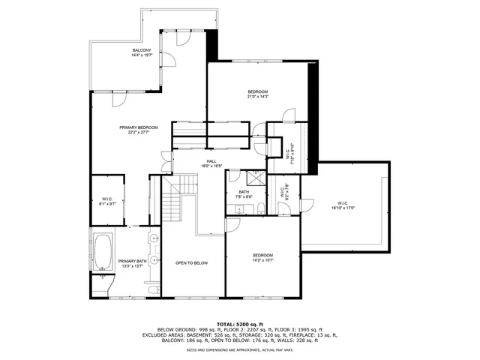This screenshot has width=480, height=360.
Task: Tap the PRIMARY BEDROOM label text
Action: point(138,127)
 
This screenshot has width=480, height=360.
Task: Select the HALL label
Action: point(212,160)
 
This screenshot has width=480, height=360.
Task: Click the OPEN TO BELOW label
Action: point(191,263)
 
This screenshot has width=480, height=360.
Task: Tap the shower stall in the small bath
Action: point(255,179)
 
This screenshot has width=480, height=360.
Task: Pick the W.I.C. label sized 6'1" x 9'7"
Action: point(107,199)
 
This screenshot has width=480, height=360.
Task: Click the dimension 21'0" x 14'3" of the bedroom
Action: point(258,97)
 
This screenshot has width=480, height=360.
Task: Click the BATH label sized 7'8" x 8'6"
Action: point(244,192)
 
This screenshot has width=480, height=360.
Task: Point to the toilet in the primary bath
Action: point(103,283)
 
